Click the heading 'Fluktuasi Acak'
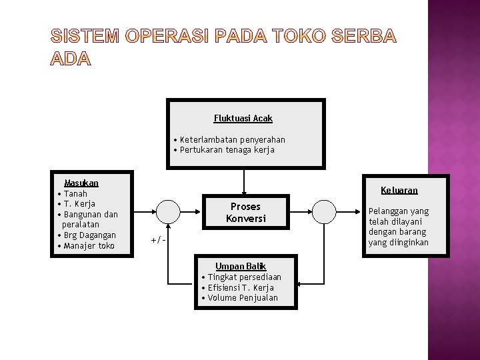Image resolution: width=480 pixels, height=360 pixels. click(243, 118)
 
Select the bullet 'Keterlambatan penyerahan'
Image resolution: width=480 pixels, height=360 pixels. click(229, 139)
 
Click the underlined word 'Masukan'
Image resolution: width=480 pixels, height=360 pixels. click(81, 183)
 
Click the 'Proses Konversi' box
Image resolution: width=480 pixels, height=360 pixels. click(245, 213)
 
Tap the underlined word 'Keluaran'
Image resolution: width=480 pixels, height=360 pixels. click(399, 190)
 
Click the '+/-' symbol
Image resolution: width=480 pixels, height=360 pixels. click(158, 239)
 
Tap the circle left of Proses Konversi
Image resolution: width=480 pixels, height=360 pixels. click(169, 212)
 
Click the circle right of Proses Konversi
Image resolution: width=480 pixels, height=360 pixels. click(324, 212)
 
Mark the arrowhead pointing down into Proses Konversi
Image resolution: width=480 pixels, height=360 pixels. click(245, 193)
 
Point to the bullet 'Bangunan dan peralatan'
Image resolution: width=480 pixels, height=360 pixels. click(91, 219)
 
